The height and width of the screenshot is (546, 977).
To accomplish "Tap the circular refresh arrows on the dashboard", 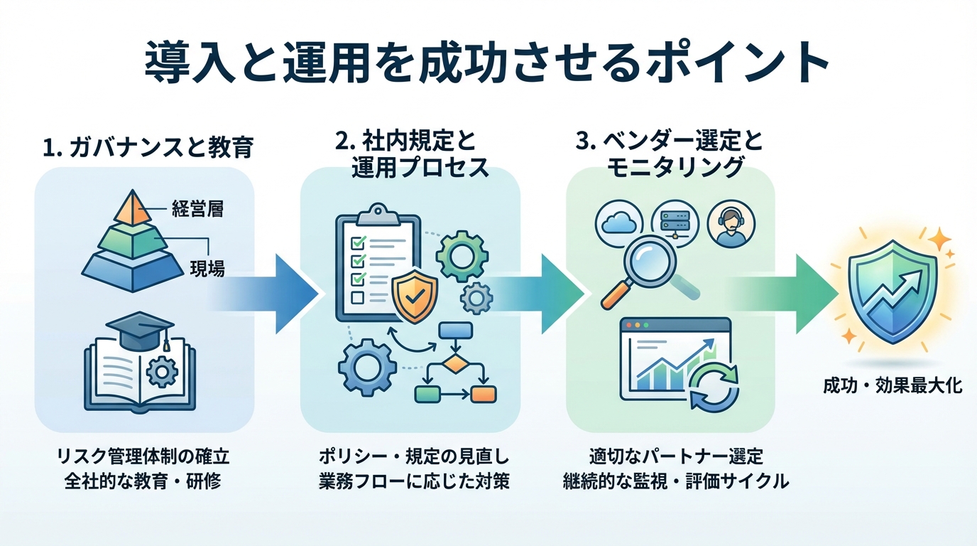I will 714,387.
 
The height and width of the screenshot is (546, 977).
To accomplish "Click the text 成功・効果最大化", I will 892,386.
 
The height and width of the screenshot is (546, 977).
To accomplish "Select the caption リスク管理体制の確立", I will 143,456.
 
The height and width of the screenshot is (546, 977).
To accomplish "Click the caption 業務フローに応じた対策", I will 413,481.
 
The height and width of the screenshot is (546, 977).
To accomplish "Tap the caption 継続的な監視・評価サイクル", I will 675,481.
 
